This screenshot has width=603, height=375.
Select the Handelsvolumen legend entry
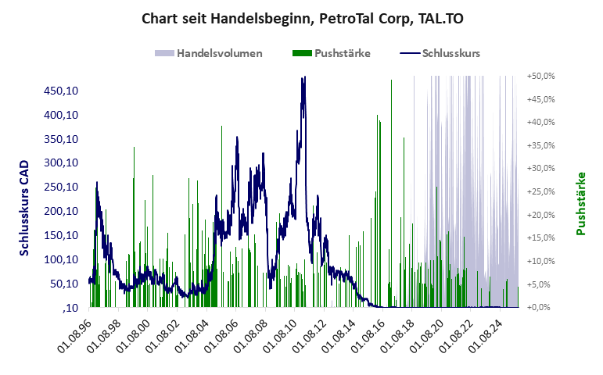(x=208, y=53)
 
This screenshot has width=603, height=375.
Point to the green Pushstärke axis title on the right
(x=580, y=203)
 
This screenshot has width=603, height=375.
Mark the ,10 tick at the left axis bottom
(x=69, y=308)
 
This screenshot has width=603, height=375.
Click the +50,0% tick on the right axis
(x=540, y=76)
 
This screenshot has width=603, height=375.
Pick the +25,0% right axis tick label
(x=540, y=191)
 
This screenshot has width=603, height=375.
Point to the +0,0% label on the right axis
(x=542, y=307)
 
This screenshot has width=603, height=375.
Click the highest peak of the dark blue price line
(x=303, y=77)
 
